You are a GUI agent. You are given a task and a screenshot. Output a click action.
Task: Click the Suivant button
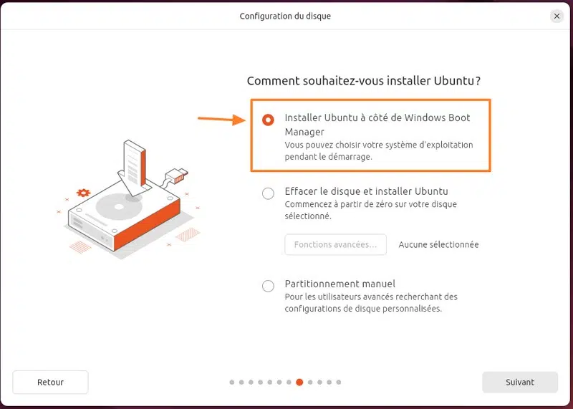click(520, 382)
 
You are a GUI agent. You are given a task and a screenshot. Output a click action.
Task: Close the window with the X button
click(557, 16)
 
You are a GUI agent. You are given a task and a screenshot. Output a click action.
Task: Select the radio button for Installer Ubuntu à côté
click(268, 120)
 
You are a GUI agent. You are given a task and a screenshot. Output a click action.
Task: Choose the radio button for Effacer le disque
click(268, 193)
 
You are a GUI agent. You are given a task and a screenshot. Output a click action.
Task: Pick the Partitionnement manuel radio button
click(268, 286)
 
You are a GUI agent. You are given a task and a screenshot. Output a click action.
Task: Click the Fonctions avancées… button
click(335, 244)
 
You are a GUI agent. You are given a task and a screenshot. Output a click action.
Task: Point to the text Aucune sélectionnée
click(438, 244)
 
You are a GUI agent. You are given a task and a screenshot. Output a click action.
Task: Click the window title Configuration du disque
click(285, 16)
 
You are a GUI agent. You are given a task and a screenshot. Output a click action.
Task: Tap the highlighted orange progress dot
click(299, 382)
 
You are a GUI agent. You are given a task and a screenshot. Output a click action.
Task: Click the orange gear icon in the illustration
click(83, 193)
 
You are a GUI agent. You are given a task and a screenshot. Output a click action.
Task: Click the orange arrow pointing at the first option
click(222, 119)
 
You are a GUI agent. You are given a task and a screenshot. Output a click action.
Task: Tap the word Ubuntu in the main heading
click(454, 81)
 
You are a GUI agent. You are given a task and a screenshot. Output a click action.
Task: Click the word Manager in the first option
click(304, 132)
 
